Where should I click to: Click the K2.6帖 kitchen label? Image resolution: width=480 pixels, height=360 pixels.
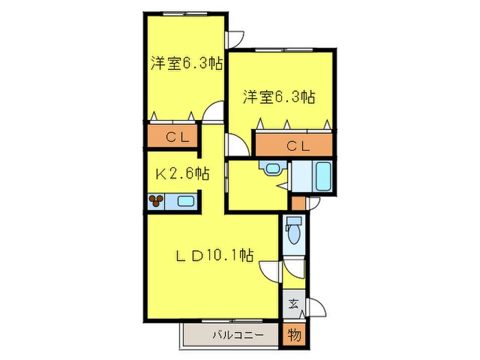tap(182, 174)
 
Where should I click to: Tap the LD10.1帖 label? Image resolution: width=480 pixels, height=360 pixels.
tap(213, 257)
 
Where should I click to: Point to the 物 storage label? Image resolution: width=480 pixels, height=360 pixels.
tap(293, 336)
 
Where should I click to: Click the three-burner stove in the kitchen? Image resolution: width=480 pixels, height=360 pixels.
tap(157, 201)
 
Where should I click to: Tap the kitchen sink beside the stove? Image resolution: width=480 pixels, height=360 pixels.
tap(184, 201)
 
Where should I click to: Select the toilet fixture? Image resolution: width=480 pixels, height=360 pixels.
tap(293, 230)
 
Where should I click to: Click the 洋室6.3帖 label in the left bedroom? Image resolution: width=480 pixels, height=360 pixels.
tap(187, 63)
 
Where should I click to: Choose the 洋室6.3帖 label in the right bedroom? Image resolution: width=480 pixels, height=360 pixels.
tap(278, 97)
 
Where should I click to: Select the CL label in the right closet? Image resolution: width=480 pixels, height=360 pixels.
tap(296, 145)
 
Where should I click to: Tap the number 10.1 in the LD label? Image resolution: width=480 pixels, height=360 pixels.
tap(228, 257)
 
